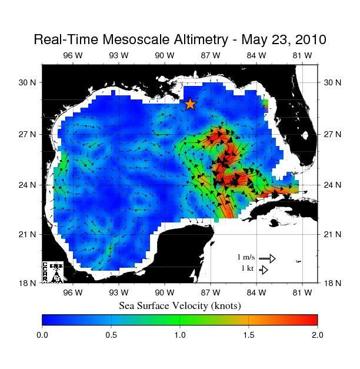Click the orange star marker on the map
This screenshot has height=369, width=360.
pos(190,104)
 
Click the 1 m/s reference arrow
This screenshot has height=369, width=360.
pos(267,258)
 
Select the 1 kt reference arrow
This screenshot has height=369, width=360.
pos(264,270)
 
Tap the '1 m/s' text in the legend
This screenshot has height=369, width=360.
pos(246,257)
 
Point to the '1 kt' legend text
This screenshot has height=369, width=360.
pos(248,268)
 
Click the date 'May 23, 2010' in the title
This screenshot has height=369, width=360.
pos(282,39)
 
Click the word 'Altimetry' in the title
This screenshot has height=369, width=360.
pos(186,40)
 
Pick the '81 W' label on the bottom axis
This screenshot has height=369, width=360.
pos(302,292)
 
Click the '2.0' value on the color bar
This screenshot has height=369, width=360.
pos(317,335)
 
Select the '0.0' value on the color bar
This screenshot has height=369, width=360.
pos(42,335)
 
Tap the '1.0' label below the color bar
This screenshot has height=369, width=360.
pos(180,335)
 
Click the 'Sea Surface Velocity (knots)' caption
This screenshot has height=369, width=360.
pos(180,305)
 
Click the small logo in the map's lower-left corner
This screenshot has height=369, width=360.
pos(52,272)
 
